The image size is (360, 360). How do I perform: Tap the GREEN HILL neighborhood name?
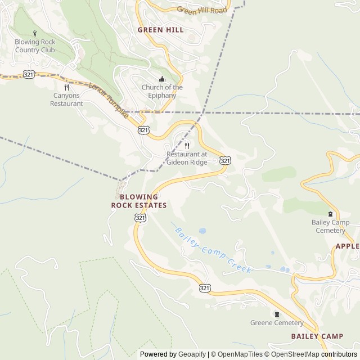pos(161,30)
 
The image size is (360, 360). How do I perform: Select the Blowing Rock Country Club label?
pos(35,46)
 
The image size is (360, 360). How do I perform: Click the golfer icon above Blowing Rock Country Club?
pos(35,33)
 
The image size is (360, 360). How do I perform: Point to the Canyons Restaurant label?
pos(66,100)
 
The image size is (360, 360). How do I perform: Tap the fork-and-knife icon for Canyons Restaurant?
pos(66,87)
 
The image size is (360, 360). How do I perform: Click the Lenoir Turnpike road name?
pos(109,100)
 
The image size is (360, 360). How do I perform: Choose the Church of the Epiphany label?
pos(162,91)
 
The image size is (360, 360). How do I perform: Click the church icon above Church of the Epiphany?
pos(162,79)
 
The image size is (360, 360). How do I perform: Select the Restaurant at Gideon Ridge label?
pos(187,158)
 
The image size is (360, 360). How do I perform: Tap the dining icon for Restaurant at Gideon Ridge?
pos(187,146)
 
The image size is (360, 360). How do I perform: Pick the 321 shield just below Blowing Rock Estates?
pos(140,217)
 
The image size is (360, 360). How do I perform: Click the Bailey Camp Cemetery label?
pos(330,226)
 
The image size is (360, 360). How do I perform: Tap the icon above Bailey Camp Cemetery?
pos(330,214)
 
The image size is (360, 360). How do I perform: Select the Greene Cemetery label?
pos(277,323)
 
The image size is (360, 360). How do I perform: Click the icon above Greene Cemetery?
pos(277,313)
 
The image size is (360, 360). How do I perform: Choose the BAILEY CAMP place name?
pos(317,336)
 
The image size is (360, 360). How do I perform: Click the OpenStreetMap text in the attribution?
pos(292,354)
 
